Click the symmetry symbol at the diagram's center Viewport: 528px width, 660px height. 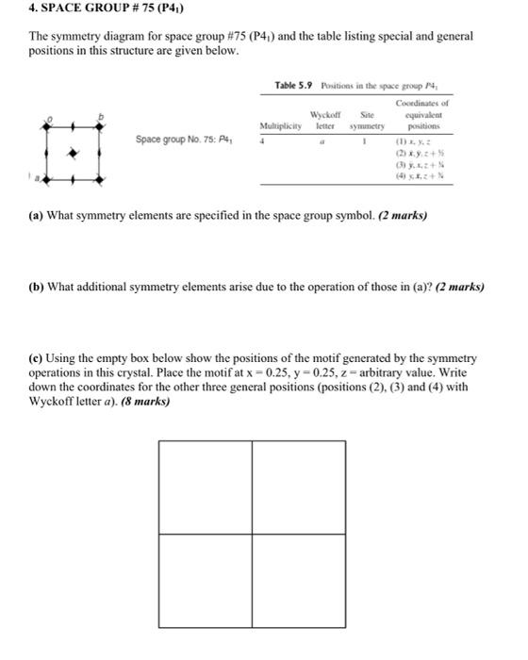pyautogui.click(x=65, y=149)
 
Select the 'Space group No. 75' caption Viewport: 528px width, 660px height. pyautogui.click(x=185, y=140)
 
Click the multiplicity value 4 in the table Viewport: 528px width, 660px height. pyautogui.click(x=264, y=140)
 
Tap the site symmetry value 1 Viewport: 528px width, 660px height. pyautogui.click(x=360, y=140)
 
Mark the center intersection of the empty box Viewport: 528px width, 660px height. pyautogui.click(x=252, y=534)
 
